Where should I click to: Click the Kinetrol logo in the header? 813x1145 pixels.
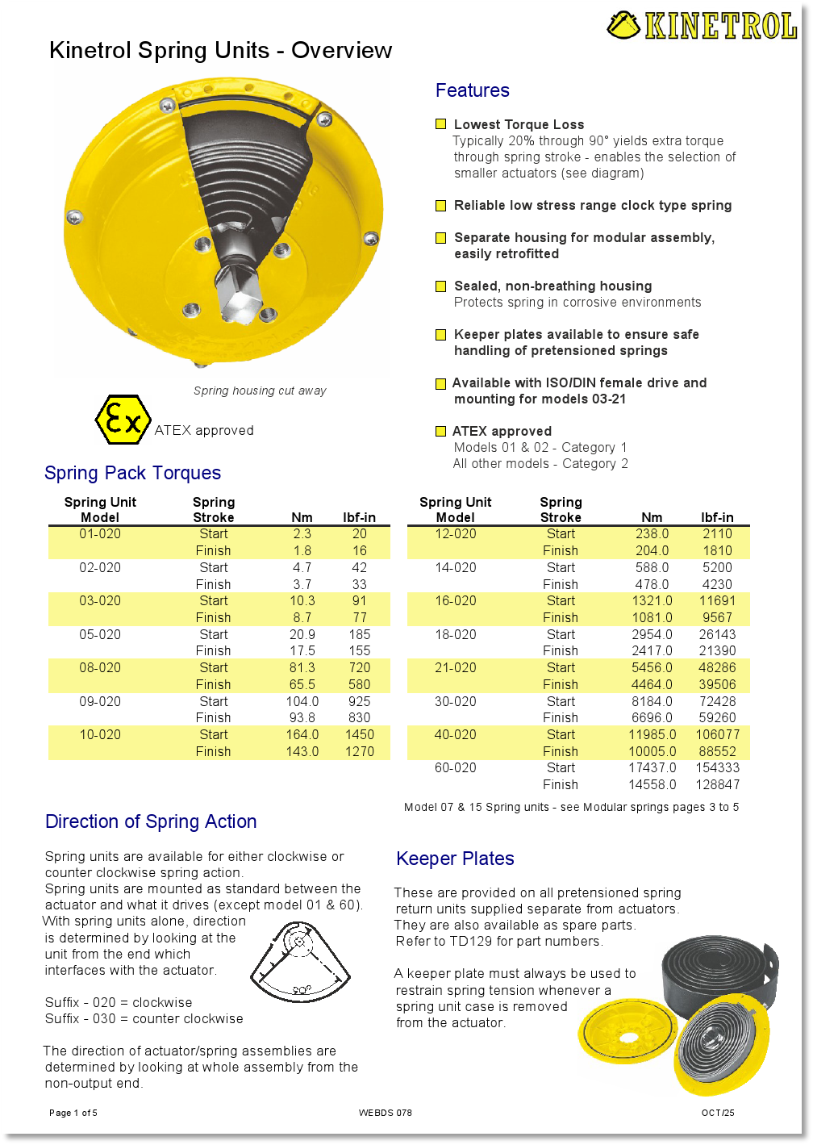point(702,26)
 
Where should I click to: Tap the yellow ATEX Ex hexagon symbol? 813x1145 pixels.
point(123,420)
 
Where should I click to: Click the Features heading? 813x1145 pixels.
point(472,90)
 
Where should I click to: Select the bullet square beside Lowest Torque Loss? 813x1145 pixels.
point(440,124)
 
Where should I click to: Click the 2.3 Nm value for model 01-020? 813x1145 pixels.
point(302,534)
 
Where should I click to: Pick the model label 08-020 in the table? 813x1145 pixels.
point(100,668)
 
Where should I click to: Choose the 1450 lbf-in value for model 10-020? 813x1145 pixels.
point(359,735)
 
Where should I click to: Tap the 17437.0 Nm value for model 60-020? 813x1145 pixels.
point(652,768)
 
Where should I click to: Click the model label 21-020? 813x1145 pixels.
point(455,668)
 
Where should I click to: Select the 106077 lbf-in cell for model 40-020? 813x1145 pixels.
point(717,735)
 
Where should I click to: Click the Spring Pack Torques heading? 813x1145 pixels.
point(132,473)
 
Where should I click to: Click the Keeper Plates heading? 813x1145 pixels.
point(455,859)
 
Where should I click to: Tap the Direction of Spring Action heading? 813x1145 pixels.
point(151,821)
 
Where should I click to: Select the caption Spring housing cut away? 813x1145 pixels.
point(260,391)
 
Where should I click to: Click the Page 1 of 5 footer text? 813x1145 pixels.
point(73,1113)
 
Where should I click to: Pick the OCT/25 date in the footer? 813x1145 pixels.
point(717,1113)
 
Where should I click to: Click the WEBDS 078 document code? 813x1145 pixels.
point(385,1113)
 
